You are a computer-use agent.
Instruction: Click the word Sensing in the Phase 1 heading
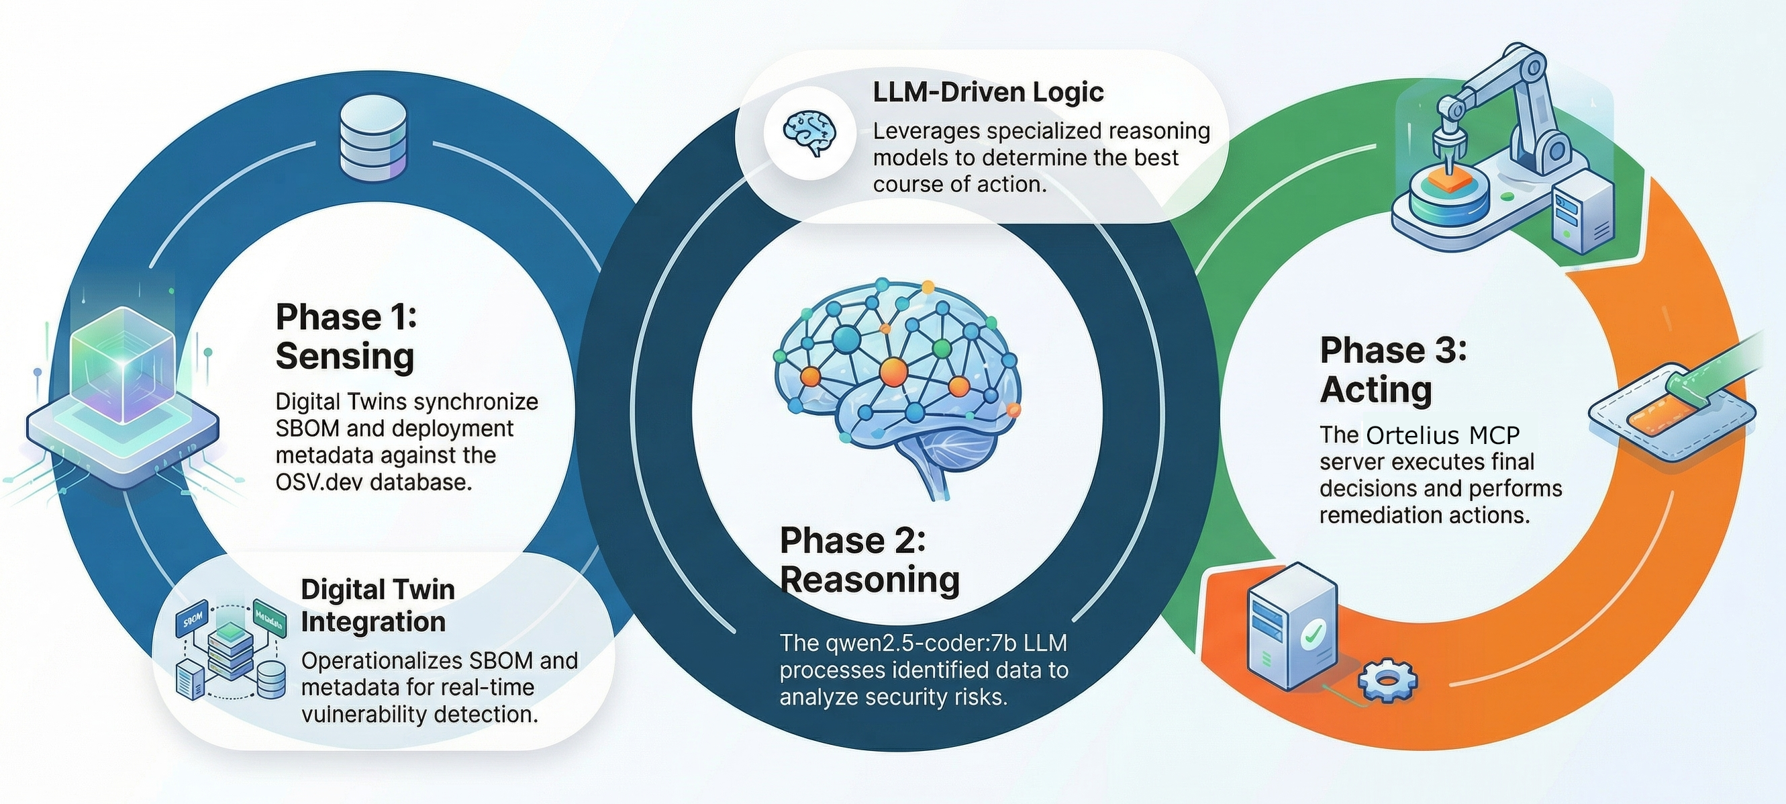344,357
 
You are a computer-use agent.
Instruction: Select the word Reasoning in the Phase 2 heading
870,580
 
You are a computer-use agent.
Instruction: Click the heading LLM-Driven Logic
988,92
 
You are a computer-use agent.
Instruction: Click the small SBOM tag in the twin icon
193,617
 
